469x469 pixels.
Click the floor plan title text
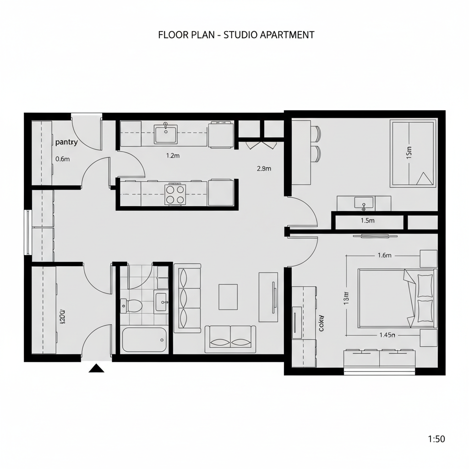[236, 35]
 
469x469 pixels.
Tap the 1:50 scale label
[436, 439]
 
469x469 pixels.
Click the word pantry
[66, 142]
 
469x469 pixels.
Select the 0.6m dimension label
[62, 159]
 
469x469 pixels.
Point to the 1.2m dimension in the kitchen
[172, 156]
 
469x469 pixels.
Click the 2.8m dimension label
[264, 168]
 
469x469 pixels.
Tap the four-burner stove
[175, 194]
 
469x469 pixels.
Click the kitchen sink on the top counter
[165, 134]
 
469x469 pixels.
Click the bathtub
[144, 339]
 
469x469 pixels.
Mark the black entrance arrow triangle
[96, 368]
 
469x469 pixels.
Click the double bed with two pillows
[397, 298]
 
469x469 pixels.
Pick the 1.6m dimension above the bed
[384, 256]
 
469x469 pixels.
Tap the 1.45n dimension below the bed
[387, 335]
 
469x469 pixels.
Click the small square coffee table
[228, 297]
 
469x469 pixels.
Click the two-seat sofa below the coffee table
[230, 339]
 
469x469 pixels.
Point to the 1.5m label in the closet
[367, 220]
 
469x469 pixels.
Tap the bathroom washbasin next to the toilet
[162, 301]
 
